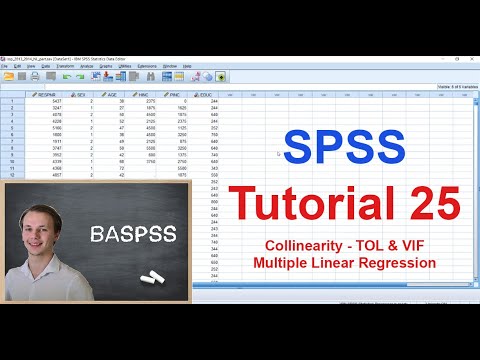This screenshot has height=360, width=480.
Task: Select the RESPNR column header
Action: pos(48,94)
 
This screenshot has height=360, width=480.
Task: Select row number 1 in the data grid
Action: pos(11,102)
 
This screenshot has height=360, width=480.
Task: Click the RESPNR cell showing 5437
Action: pos(58,102)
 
